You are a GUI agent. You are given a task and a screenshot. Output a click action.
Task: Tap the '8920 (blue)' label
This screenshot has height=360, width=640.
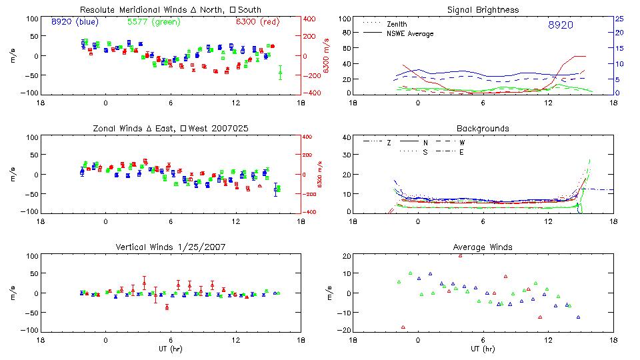[74, 22]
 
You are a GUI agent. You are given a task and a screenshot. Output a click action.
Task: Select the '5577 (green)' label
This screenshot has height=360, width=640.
[148, 22]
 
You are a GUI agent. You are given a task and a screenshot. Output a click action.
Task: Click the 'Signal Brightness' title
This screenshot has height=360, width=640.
[483, 10]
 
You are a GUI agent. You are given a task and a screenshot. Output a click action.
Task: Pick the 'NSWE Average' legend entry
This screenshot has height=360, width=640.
[409, 33]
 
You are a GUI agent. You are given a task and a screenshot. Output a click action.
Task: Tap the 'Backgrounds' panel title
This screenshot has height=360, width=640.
[483, 129]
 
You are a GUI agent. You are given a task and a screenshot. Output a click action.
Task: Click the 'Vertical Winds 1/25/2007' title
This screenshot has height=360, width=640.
[170, 247]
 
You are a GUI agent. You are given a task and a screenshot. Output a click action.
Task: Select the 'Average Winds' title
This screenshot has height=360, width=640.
[483, 247]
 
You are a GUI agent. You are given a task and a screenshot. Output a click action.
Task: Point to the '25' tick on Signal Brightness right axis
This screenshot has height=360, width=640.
[618, 19]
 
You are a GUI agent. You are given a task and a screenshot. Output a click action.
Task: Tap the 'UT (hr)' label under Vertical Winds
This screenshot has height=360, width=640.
[170, 349]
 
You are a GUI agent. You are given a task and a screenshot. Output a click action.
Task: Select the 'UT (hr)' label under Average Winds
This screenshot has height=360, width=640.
[483, 349]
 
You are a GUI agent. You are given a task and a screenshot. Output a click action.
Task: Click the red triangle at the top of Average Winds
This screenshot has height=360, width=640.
[461, 255]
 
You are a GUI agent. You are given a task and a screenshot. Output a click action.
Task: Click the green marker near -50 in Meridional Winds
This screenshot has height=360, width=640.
[280, 74]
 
